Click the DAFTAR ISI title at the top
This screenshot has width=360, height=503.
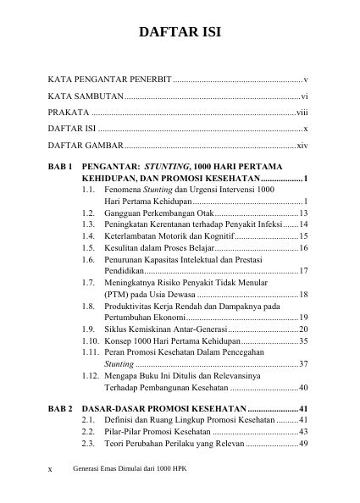(180, 34)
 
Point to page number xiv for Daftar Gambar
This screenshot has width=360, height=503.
(302, 146)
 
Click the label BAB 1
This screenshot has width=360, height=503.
(60, 168)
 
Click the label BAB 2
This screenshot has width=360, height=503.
(60, 406)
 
